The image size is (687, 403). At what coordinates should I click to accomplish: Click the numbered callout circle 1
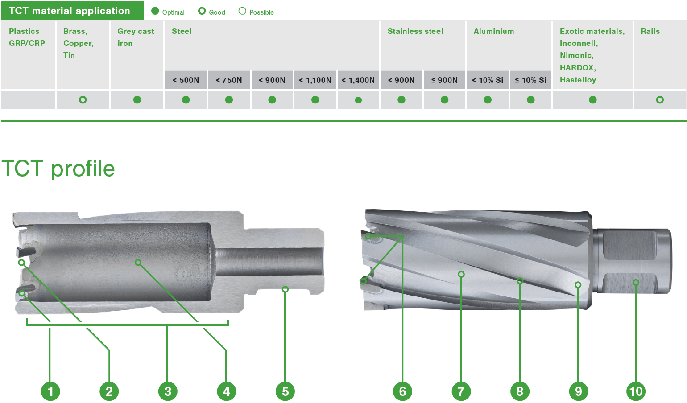(50, 391)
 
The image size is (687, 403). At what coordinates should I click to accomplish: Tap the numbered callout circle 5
(286, 391)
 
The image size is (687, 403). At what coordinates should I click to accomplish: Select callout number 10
(636, 391)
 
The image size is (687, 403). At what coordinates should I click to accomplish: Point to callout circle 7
(461, 391)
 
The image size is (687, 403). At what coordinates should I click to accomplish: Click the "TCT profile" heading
(58, 169)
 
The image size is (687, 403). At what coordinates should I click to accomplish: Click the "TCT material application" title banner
(70, 11)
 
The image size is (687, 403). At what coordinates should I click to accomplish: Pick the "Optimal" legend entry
(168, 12)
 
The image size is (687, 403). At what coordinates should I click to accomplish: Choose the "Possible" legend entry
(257, 12)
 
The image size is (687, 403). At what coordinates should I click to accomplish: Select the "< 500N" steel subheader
(186, 80)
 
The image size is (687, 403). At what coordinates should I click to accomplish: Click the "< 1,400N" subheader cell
(358, 80)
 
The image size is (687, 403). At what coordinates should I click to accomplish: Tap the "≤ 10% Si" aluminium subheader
(530, 80)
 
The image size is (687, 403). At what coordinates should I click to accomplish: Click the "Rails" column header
(650, 31)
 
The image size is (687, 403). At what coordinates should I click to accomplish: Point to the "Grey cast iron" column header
(136, 37)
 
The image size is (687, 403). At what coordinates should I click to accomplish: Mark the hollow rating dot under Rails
(660, 100)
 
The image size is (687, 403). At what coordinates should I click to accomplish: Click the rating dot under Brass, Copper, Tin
(83, 100)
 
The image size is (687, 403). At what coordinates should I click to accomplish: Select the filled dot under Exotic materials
(592, 100)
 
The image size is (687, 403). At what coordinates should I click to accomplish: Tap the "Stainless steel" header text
(415, 31)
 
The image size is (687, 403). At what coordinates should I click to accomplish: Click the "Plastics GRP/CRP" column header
(27, 37)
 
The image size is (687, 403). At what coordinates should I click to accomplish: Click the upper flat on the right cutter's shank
(630, 246)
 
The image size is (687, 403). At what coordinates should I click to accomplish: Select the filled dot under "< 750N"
(229, 100)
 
